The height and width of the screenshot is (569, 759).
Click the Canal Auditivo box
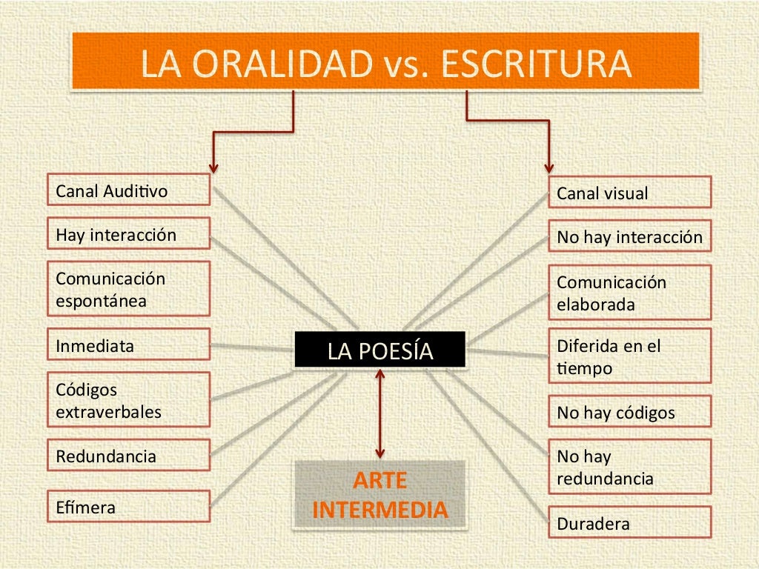coord(128,191)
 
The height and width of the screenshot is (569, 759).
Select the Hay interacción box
coord(128,235)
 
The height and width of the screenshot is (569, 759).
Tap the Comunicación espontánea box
coord(128,290)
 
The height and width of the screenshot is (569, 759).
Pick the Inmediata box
coord(128,345)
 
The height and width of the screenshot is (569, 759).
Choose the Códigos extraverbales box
coord(128,400)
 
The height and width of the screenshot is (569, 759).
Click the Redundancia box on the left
coord(128,456)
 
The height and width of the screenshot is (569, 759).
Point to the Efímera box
coord(128,508)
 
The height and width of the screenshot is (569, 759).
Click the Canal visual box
coord(629,193)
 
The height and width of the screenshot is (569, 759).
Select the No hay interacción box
coord(629,238)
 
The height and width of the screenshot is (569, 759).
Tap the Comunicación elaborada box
coord(629,293)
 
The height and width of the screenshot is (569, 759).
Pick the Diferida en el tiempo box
coord(629,356)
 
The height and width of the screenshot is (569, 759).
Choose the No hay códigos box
coord(629,413)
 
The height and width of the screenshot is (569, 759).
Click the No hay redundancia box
coord(629,467)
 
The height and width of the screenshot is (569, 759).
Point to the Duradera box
coord(629,523)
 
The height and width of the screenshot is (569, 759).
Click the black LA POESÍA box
coord(380,350)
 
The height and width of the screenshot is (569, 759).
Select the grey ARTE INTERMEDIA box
coord(380,495)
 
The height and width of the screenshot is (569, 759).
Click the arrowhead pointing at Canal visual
coord(549,167)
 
